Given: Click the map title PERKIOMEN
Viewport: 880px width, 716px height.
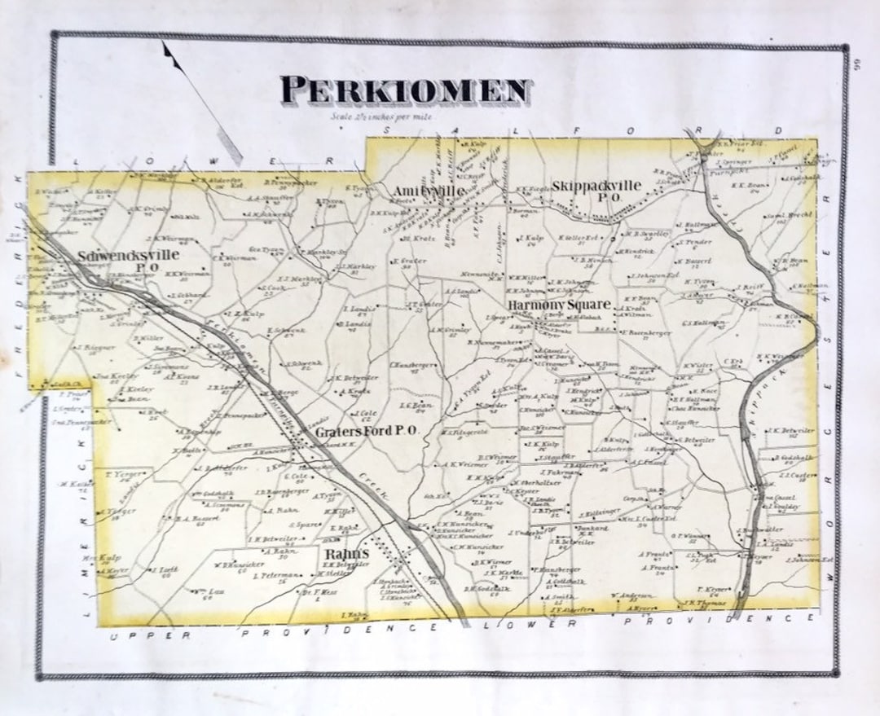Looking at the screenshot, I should [x=405, y=90].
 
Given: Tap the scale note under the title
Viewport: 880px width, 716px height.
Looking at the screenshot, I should [x=382, y=116].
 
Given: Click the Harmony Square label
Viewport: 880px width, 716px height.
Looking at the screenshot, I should [x=559, y=305].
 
